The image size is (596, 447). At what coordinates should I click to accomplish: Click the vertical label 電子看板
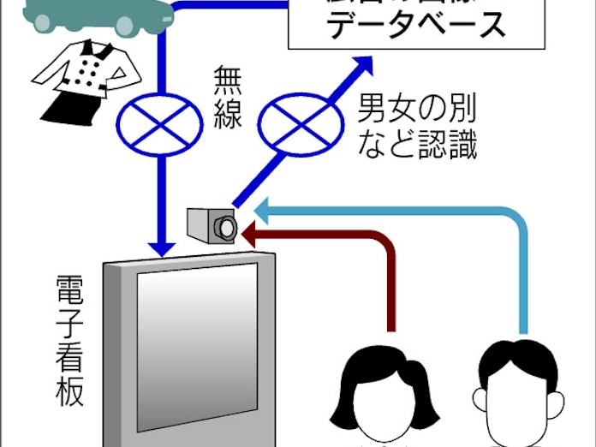click(69, 342)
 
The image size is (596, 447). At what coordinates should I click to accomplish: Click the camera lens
click(226, 228)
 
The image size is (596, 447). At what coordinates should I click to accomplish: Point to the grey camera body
click(203, 224)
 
